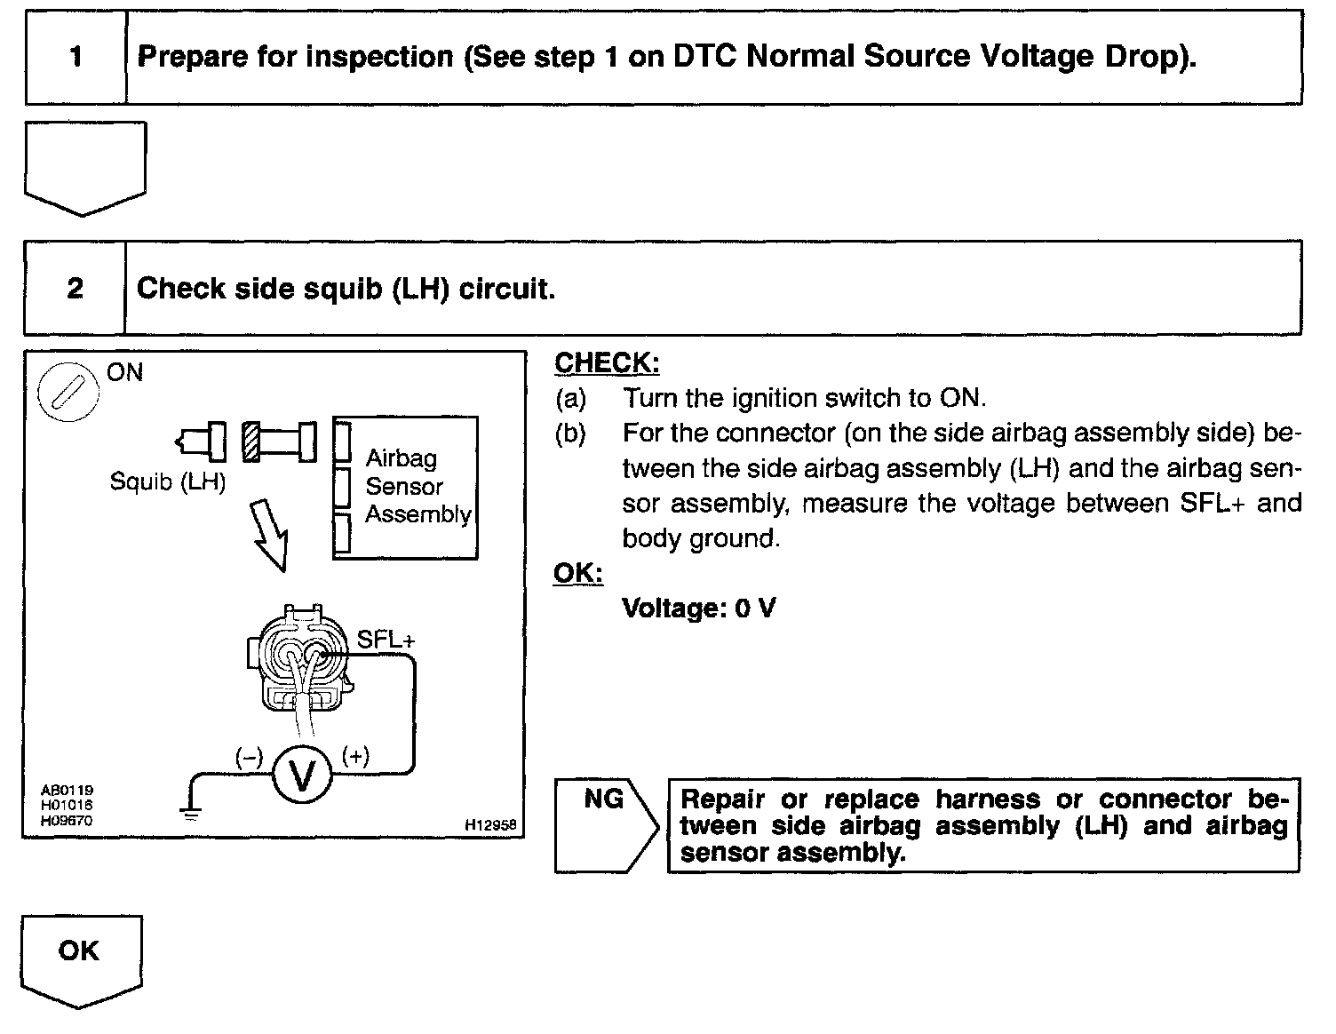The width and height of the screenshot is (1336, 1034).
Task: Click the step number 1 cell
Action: point(76,58)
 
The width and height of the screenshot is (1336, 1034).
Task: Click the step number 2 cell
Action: point(76,288)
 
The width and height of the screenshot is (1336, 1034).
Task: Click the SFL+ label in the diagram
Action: point(386,640)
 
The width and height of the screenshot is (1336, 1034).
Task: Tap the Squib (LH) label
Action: point(167,481)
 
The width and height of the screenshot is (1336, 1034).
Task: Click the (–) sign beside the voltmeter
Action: point(249,757)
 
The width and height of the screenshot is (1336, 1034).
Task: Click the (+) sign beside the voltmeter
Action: point(355,757)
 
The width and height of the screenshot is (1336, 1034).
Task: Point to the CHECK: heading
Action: point(607,363)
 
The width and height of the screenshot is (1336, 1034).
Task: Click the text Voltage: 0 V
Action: point(698,608)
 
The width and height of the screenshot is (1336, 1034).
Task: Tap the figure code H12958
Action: point(490,825)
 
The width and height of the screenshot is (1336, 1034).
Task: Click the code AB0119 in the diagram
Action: point(68,790)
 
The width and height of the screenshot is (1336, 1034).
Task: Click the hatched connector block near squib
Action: point(251,441)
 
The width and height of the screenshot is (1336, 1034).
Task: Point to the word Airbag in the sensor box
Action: point(402,458)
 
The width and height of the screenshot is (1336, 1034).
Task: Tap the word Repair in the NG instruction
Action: point(721,799)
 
